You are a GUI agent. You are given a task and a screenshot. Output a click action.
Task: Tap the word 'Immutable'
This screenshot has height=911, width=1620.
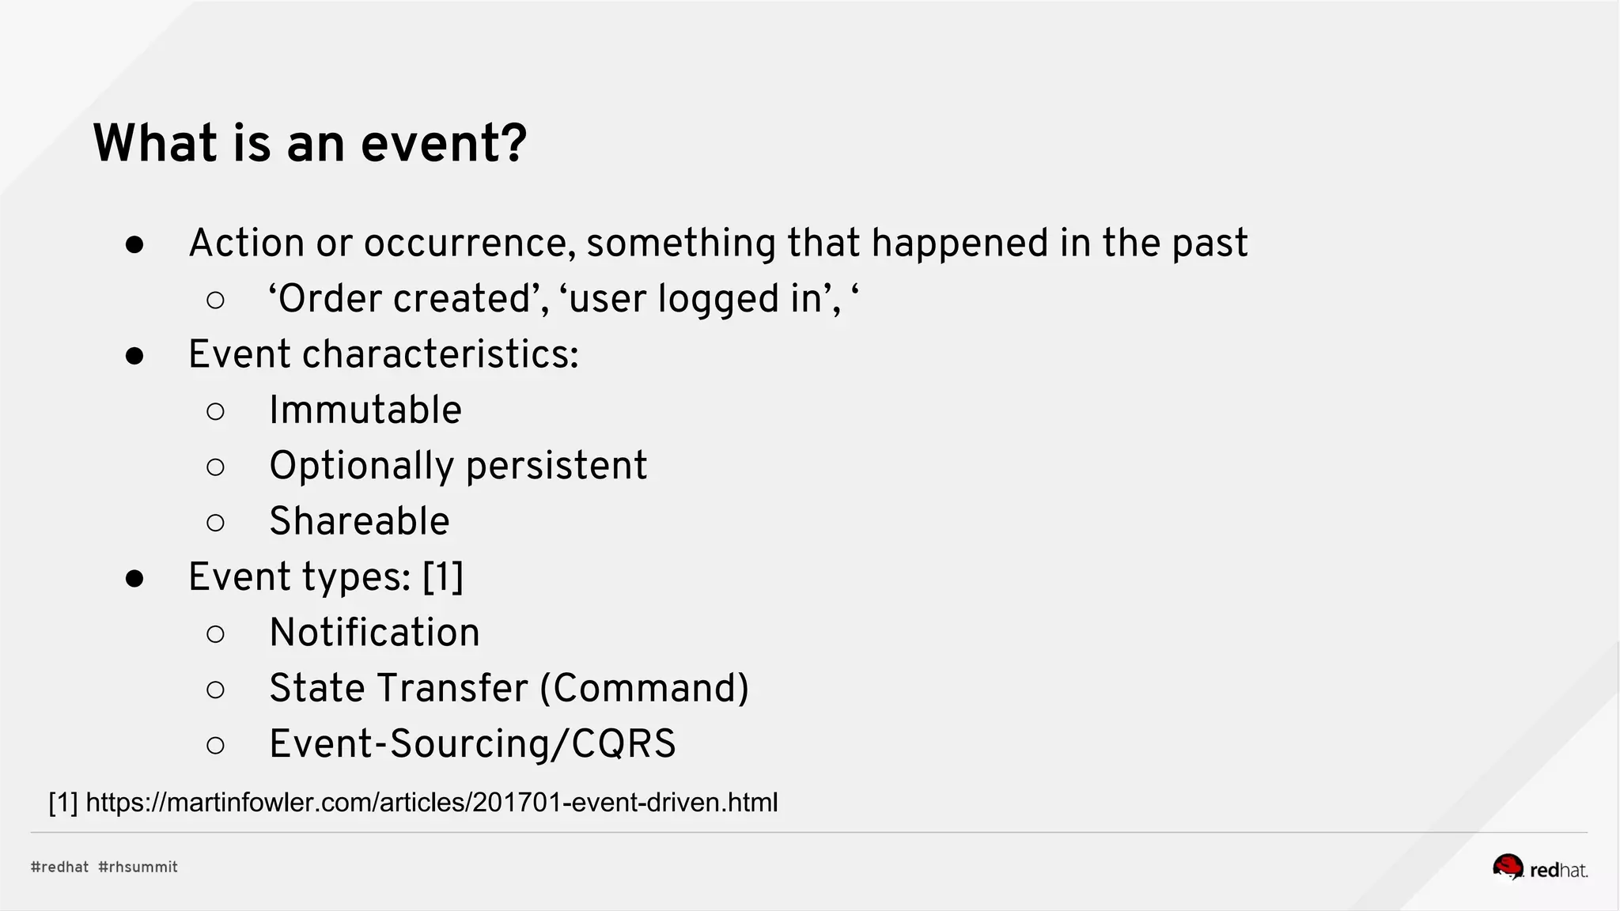pos(365,410)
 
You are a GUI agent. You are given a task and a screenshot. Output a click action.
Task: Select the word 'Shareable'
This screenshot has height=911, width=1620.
pos(359,521)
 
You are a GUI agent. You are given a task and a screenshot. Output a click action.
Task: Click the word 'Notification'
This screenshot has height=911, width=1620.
pos(374,633)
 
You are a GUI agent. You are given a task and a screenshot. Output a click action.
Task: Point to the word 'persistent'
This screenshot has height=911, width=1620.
pos(556,466)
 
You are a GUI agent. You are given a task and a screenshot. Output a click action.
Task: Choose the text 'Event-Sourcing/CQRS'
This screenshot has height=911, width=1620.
pos(472,744)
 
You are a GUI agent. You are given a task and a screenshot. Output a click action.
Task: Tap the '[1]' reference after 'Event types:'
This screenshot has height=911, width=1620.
pos(443,576)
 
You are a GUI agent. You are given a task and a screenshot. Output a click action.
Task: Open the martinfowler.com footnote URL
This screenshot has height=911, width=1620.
pos(431,803)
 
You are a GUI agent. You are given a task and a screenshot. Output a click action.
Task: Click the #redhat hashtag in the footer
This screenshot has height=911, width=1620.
pos(59,867)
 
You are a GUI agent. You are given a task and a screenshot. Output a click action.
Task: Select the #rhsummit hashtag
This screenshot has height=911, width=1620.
pos(138,867)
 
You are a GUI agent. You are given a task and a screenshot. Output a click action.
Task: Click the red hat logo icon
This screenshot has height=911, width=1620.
pos(1508,868)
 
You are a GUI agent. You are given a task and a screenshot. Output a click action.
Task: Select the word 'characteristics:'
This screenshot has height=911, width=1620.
pos(440,354)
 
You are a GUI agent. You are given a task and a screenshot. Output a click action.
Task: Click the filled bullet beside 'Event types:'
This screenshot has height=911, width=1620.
pos(134,579)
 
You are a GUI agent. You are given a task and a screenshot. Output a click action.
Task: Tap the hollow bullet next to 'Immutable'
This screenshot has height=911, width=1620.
pos(215,411)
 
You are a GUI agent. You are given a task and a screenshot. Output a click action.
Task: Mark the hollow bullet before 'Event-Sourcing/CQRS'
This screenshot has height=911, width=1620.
pos(215,745)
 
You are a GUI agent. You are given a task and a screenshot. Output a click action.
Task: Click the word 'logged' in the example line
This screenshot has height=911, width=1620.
pos(718,300)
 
